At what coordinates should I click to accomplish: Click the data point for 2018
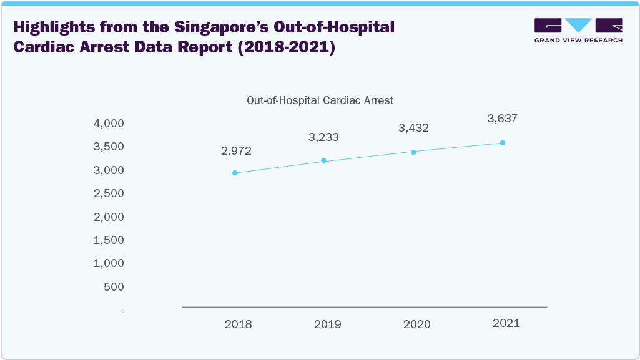235,173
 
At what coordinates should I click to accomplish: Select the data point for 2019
323,160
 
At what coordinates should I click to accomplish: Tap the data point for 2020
413,152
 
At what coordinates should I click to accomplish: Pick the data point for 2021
503,143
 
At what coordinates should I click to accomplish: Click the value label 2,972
235,151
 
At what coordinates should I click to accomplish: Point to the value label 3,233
323,137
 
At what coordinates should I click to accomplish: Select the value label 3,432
413,128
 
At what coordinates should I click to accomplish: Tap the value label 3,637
503,118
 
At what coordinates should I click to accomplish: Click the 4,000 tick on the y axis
109,124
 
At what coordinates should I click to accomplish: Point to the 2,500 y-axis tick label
109,193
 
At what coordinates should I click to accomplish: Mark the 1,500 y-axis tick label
109,240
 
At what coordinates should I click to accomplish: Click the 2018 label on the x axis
238,324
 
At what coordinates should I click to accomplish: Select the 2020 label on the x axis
416,324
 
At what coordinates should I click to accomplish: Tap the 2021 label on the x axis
506,323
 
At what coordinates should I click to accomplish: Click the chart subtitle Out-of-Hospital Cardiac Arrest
320,100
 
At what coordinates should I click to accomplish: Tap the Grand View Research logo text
578,40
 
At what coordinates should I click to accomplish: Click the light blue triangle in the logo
579,25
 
